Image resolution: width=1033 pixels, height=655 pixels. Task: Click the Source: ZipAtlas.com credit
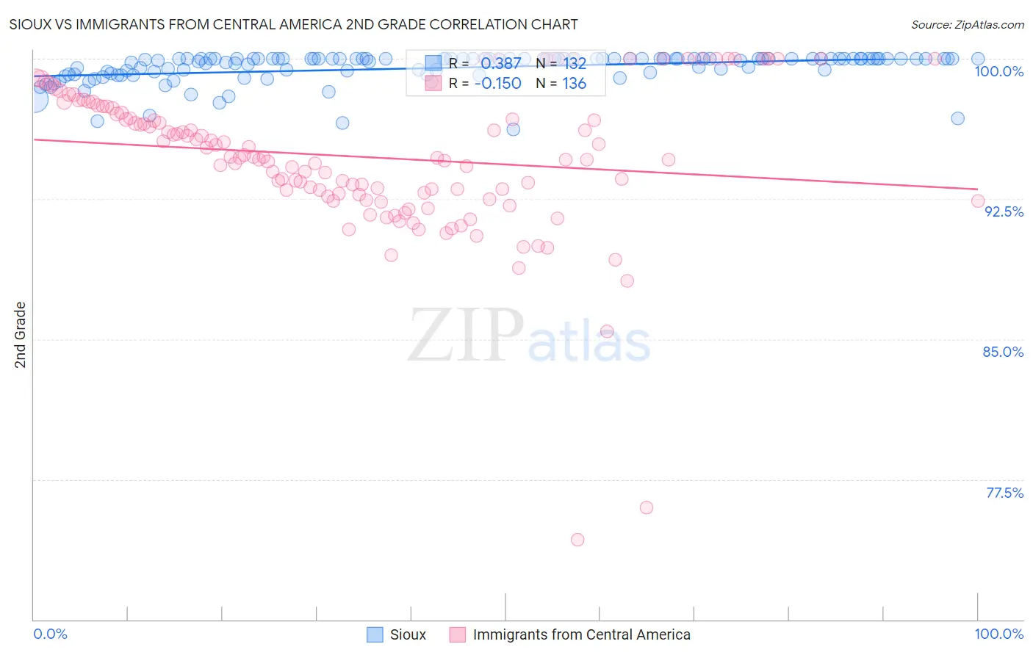[x=967, y=24]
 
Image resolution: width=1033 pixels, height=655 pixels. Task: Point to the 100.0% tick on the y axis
[x=998, y=71]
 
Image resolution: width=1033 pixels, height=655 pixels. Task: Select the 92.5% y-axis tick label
[x=1004, y=211]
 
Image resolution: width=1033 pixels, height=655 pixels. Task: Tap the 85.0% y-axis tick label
[x=1003, y=352]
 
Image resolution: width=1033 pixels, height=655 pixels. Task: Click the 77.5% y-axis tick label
[x=1004, y=493]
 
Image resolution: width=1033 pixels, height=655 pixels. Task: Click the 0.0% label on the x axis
[x=50, y=634]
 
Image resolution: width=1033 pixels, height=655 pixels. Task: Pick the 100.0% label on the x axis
[x=998, y=634]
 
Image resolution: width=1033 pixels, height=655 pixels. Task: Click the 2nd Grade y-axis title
[x=21, y=335]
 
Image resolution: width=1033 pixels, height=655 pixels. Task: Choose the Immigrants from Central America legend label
[x=581, y=634]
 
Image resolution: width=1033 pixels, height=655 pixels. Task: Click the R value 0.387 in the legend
[x=500, y=63]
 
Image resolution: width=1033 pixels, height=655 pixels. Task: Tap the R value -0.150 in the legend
[x=497, y=84]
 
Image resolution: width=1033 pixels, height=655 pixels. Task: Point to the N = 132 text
[x=561, y=63]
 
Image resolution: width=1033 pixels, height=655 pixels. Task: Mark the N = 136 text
[x=561, y=84]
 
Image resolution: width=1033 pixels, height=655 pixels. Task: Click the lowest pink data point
[x=577, y=540]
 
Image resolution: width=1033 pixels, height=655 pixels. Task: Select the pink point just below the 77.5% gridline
[x=647, y=507]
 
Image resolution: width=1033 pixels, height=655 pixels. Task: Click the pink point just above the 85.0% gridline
[x=607, y=331]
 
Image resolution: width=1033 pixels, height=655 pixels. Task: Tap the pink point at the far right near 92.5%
[x=978, y=200]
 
